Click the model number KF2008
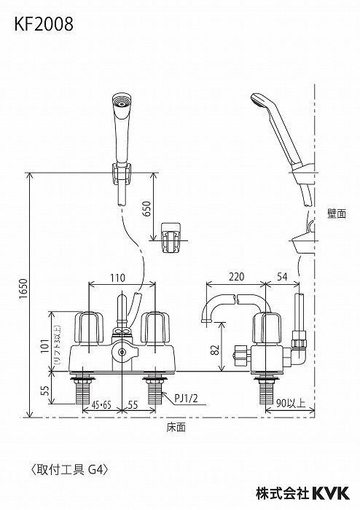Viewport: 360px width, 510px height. click(44, 24)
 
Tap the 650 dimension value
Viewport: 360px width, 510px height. click(146, 209)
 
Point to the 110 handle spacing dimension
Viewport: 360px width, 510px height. click(117, 278)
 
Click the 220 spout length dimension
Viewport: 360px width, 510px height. click(236, 277)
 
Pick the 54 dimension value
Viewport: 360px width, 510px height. click(282, 277)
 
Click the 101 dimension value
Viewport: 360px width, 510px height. click(45, 346)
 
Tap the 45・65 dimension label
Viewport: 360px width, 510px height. click(101, 404)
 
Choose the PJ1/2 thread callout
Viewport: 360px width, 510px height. click(186, 398)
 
